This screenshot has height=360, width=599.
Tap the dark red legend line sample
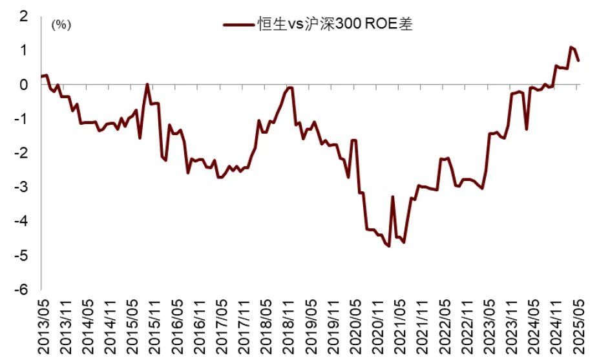(239, 25)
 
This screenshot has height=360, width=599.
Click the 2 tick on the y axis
(25, 16)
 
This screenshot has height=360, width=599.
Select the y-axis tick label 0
(25, 85)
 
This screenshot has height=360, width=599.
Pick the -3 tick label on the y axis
(22, 187)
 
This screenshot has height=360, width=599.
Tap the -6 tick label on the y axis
(22, 290)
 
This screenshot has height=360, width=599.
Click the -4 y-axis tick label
(22, 222)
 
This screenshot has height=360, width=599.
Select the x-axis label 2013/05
(43, 326)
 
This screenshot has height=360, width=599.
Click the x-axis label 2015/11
(154, 326)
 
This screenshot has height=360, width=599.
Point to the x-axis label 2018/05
(266, 326)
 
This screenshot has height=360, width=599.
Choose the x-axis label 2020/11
(377, 326)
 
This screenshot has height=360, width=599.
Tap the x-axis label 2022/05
(443, 326)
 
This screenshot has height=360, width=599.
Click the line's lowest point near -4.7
(389, 246)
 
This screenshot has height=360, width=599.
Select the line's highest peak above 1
(571, 47)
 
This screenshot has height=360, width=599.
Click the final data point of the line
(578, 61)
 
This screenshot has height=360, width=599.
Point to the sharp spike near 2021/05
(393, 196)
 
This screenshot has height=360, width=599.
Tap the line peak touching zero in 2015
(148, 85)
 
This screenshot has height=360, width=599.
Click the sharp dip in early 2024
(527, 129)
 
